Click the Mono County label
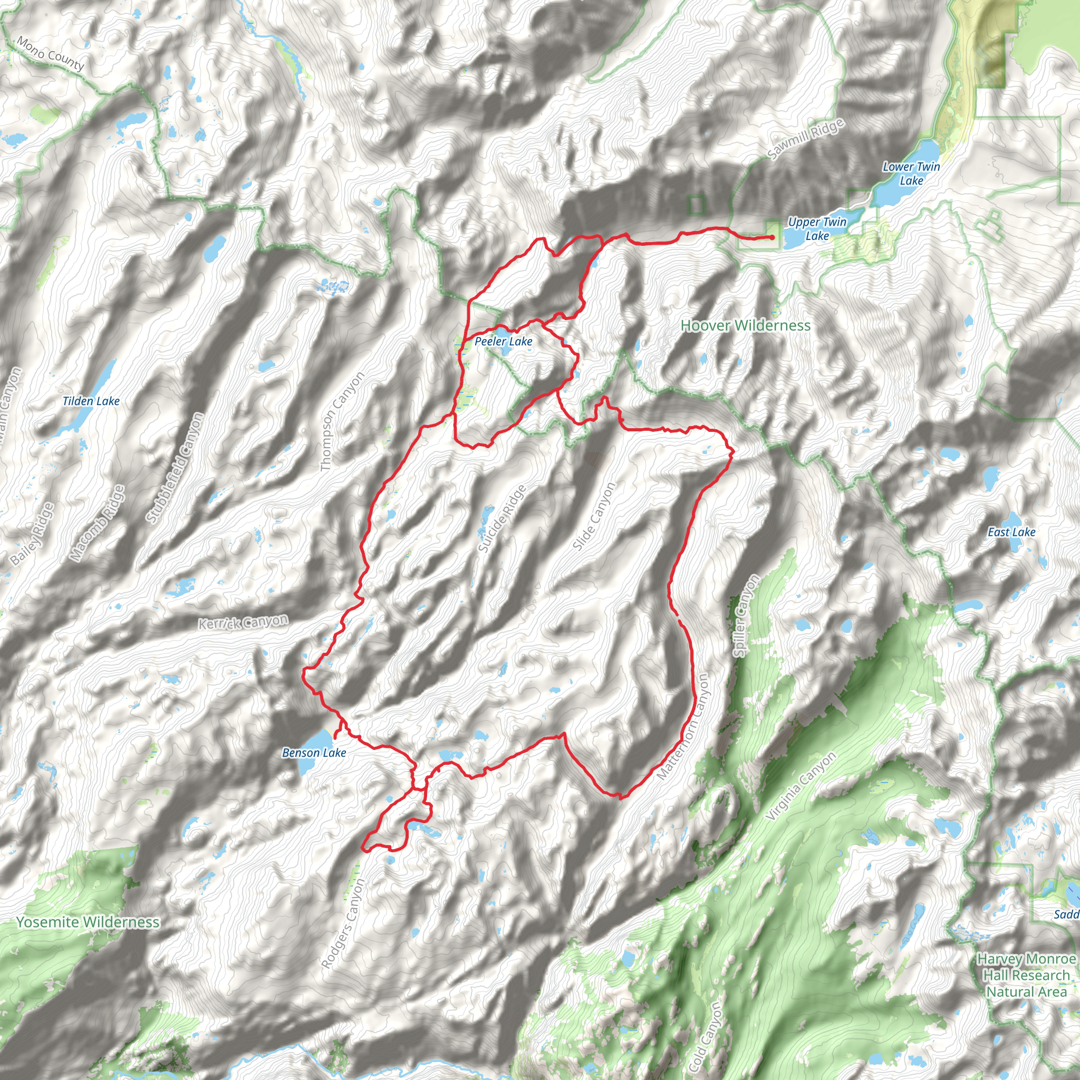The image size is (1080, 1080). [51, 54]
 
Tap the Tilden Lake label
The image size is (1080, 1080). [91, 401]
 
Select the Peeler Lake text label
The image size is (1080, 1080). [503, 341]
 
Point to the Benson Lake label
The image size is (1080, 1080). [314, 753]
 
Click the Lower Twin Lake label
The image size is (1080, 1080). [911, 173]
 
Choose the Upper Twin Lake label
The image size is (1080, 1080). [817, 229]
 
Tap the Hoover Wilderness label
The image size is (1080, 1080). [745, 325]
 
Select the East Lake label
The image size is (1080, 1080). [1011, 532]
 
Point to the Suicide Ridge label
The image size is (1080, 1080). [502, 519]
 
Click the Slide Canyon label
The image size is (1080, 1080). [594, 515]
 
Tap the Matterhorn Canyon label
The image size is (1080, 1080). [682, 726]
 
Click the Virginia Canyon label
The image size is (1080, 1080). [801, 786]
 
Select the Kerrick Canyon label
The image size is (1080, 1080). [244, 622]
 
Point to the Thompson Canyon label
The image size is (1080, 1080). [342, 421]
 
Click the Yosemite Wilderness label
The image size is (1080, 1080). [88, 922]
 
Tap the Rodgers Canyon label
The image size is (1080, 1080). [344, 923]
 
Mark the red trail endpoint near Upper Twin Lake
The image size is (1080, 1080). [772, 238]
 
